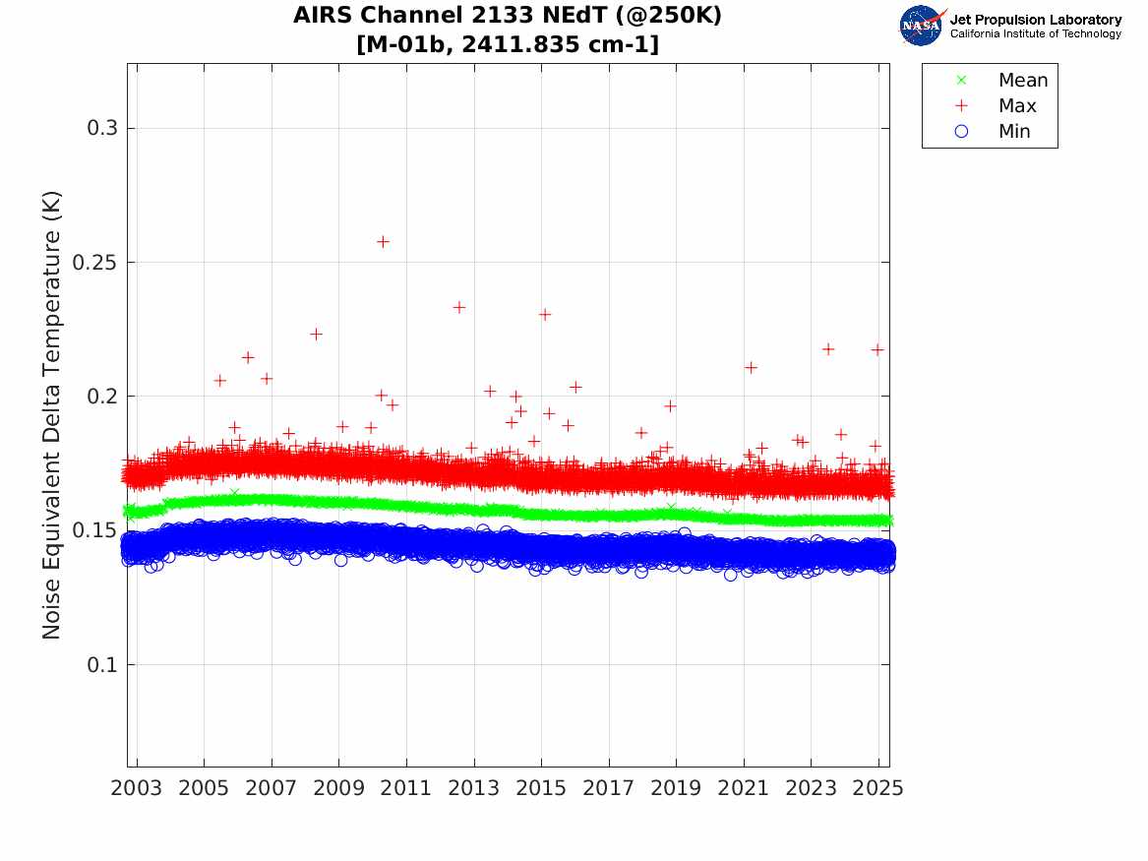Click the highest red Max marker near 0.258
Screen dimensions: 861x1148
[383, 241]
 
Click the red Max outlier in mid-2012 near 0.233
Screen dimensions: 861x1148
[458, 307]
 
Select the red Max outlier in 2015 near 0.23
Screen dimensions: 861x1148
[544, 314]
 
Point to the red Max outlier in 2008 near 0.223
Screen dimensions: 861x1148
[316, 334]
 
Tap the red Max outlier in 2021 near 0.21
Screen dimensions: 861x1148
[751, 367]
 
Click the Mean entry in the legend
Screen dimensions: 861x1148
[1022, 81]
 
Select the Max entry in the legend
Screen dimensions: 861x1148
[1017, 105]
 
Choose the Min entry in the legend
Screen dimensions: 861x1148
[1014, 131]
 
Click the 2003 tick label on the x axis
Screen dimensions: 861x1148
[137, 788]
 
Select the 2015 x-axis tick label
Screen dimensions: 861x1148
[541, 788]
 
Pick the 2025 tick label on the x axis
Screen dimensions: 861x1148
[878, 788]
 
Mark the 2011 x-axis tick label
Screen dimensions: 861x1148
[406, 788]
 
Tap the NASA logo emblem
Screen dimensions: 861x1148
[921, 25]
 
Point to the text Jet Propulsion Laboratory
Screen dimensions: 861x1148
[1035, 19]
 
